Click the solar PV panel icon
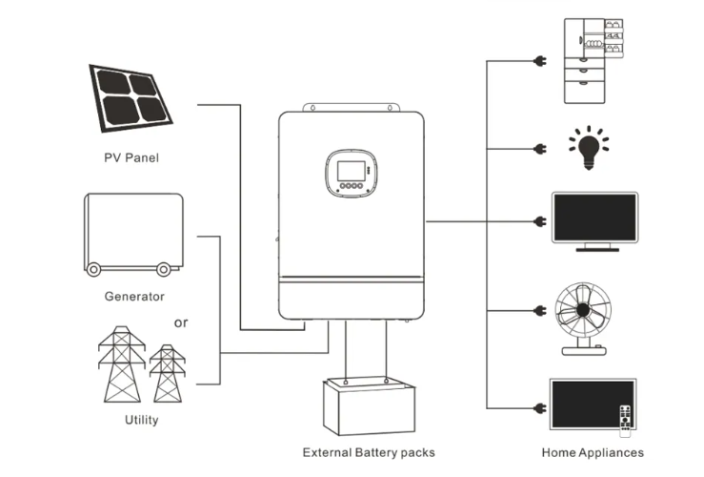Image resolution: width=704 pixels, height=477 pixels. tap(131, 98)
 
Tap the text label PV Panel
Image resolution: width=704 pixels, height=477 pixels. tap(131, 157)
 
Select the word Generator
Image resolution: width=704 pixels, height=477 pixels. tap(134, 297)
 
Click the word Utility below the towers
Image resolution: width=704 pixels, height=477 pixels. tap(141, 420)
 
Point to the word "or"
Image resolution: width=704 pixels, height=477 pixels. tap(181, 322)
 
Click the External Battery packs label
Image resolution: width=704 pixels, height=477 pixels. tap(369, 452)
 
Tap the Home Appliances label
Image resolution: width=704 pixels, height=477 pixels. tap(593, 452)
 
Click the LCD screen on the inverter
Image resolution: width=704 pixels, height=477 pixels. tap(352, 172)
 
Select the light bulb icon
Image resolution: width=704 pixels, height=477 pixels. tap(589, 148)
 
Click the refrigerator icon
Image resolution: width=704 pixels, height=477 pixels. tap(593, 61)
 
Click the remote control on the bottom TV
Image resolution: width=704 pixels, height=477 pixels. tap(625, 421)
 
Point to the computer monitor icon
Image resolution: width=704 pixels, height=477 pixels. tap(594, 221)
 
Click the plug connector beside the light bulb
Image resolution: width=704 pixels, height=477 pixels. tap(540, 149)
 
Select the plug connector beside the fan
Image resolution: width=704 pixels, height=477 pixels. tap(540, 310)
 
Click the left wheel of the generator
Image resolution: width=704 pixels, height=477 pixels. tap(93, 270)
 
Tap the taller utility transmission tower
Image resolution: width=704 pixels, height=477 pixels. tap(122, 364)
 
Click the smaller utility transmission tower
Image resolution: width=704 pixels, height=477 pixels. tap(168, 373)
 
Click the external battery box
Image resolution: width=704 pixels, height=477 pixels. tap(369, 406)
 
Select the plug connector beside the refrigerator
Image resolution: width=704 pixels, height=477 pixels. tap(540, 61)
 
